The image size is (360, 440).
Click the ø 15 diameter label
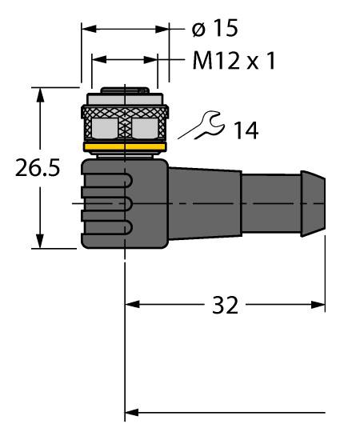(x=215, y=28)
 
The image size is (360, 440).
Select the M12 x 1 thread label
(x=234, y=61)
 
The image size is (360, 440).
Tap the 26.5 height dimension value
(x=38, y=168)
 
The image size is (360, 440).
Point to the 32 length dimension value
(x=225, y=305)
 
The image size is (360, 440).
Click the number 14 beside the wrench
(x=246, y=130)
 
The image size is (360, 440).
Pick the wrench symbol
(x=202, y=125)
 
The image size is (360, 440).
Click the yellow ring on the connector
(x=125, y=147)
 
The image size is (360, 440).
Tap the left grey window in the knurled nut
(x=105, y=128)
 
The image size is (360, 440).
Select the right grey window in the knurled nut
(x=145, y=128)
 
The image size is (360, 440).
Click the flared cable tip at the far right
(x=313, y=203)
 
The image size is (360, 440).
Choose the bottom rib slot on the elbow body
(x=106, y=227)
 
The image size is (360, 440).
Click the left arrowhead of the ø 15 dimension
(x=89, y=29)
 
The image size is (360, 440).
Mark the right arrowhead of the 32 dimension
(x=318, y=305)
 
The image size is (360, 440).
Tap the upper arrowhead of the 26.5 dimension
(x=41, y=95)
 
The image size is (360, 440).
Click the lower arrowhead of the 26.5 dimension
(x=41, y=241)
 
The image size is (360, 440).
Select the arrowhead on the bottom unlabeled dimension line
(x=132, y=413)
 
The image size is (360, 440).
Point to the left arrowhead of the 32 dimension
(x=132, y=305)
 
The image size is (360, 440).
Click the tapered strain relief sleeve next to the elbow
(x=205, y=203)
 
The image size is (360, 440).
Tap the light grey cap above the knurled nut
(x=125, y=99)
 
